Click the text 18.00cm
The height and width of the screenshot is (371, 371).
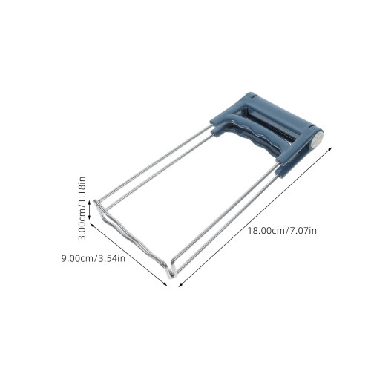coord(266,231)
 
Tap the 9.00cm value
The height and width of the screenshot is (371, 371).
coord(78,259)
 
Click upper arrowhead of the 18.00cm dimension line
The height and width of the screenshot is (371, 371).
coord(330,148)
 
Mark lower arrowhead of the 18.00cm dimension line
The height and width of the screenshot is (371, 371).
coord(180,285)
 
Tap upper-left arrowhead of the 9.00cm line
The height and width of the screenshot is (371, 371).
coord(93,226)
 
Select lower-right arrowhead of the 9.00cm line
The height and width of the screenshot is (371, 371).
coord(165,283)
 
